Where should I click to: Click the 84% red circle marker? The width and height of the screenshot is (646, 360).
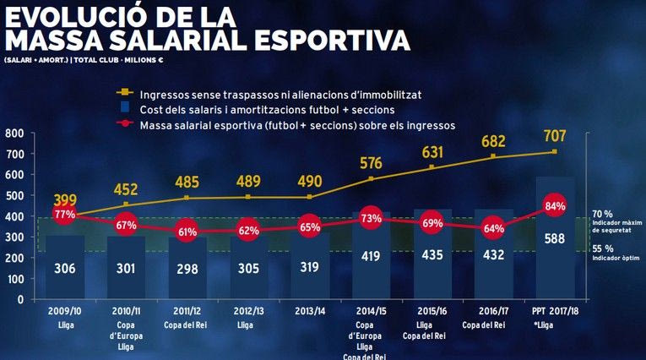pos(555,205)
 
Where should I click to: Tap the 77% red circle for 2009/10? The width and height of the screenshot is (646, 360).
pos(65,215)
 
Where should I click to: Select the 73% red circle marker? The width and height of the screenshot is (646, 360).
pos(369,219)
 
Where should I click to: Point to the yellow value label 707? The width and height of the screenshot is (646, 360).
pos(555,136)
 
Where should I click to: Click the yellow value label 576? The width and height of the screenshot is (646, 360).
pos(371,163)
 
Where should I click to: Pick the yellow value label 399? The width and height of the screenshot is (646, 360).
pos(65,200)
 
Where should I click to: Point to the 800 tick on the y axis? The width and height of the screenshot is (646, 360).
pos(14,134)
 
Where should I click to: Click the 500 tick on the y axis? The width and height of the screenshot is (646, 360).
pos(14,196)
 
